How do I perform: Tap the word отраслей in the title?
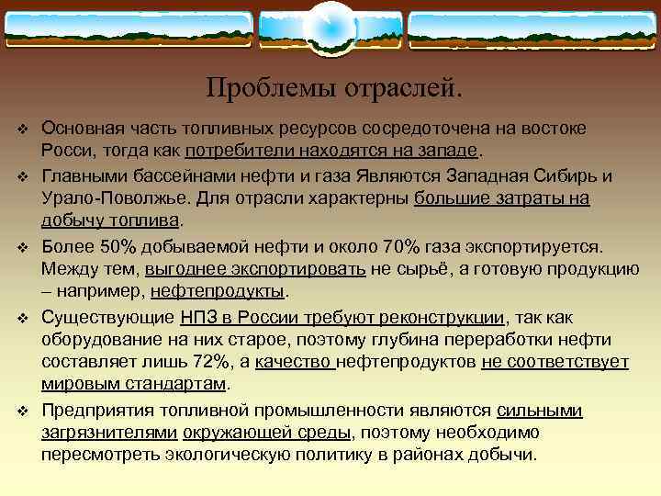(x=403, y=88)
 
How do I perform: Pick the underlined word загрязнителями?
(x=109, y=434)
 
